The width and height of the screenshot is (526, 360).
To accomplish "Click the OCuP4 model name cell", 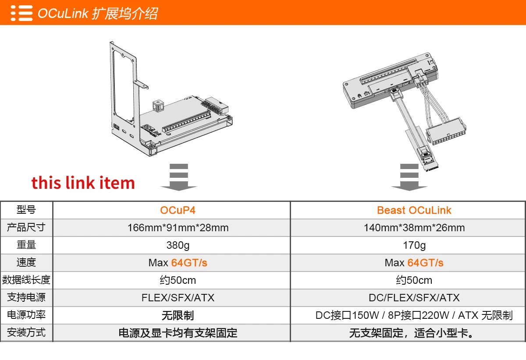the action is pyautogui.click(x=178, y=210).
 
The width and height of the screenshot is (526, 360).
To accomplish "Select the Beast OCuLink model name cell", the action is pyautogui.click(x=414, y=210).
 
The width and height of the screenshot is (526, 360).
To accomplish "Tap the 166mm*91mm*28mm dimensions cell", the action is pyautogui.click(x=178, y=228).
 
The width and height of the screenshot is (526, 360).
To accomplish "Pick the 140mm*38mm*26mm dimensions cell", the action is pyautogui.click(x=414, y=228).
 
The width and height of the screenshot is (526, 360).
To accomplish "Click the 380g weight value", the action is pyautogui.click(x=178, y=245).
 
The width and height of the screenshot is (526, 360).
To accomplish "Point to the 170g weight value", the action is pyautogui.click(x=414, y=245).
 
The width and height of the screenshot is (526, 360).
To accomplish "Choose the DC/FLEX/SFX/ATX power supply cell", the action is pyautogui.click(x=414, y=297).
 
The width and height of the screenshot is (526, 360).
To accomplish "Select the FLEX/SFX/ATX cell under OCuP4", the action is pyautogui.click(x=178, y=297).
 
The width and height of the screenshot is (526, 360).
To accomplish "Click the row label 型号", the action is pyautogui.click(x=26, y=210).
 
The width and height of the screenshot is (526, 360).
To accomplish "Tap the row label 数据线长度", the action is pyautogui.click(x=26, y=280).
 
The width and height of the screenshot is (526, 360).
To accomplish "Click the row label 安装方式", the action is pyautogui.click(x=26, y=332).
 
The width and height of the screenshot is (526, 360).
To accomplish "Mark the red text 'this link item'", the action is pyautogui.click(x=83, y=182).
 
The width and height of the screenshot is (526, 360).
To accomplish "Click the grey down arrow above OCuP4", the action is pyautogui.click(x=179, y=177).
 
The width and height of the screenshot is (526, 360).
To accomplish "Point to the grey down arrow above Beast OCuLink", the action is pyautogui.click(x=409, y=177).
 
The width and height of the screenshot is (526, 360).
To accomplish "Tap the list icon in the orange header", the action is pyautogui.click(x=21, y=13).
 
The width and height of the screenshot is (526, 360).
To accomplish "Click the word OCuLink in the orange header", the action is pyautogui.click(x=63, y=13).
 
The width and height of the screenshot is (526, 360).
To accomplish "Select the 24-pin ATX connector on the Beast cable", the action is pyautogui.click(x=446, y=131).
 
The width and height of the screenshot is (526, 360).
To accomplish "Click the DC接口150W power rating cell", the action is pyautogui.click(x=414, y=315).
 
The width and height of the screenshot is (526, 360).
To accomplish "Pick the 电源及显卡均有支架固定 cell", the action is pyautogui.click(x=178, y=332).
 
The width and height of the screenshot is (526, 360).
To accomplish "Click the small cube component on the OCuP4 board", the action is pyautogui.click(x=158, y=106).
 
